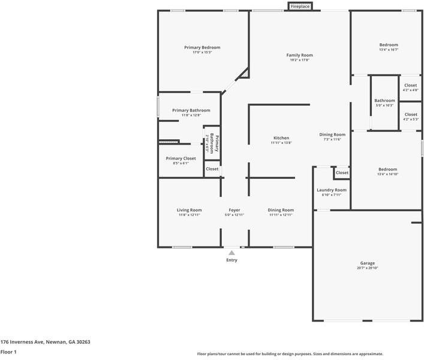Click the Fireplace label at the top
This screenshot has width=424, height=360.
click(300, 7)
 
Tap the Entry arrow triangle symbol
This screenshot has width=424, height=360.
click(231, 253)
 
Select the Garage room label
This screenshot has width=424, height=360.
click(367, 263)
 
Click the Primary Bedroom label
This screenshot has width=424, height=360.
click(202, 47)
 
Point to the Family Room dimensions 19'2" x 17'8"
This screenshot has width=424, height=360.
click(299, 60)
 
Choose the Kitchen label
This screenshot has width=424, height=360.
click(281, 138)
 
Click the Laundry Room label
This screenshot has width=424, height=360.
click(332, 190)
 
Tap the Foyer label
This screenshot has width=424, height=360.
click(234, 210)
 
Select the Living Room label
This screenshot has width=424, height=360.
click(189, 210)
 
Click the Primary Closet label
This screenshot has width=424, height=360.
click(181, 158)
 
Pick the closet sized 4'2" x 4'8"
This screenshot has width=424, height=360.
click(410, 85)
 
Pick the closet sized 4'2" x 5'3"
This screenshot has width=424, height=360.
click(410, 114)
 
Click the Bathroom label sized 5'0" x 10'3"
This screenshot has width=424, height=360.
click(384, 101)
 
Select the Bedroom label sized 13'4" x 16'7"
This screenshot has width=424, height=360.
click(388, 45)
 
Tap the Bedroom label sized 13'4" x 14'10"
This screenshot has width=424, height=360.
click(388, 169)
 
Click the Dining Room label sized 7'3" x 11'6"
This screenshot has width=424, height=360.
click(332, 135)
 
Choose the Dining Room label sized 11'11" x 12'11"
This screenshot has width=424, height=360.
click(281, 210)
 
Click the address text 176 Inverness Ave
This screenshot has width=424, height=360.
click(45, 341)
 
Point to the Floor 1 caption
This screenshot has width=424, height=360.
click(8, 352)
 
